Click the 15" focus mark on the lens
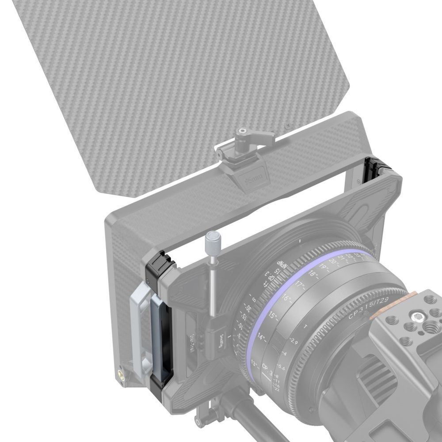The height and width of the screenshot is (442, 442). [x=273, y=316]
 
